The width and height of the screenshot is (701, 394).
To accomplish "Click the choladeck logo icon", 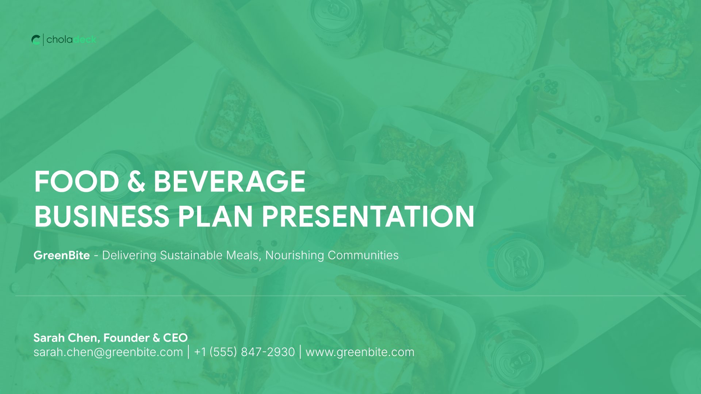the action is coord(36,40).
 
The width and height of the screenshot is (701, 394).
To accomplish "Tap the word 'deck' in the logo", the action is coord(85,39).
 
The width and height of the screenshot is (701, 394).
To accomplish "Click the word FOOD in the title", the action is coord(77,182).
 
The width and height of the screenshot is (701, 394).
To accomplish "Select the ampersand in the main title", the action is coord(137,182).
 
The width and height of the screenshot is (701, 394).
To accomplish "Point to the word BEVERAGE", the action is coord(230,182).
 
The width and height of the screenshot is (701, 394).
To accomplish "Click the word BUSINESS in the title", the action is coord(101,216).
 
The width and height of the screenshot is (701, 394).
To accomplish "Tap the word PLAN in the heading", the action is coord(215,216).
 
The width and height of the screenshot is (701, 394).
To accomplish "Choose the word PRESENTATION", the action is coord(368,216).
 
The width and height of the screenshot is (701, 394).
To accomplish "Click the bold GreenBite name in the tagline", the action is coord(62,255).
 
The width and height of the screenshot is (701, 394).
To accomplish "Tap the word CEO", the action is coord(175,338).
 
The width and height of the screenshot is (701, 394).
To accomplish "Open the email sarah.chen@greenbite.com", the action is coord(108,352).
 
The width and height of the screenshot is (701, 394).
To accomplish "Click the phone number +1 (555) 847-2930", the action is coord(244,352).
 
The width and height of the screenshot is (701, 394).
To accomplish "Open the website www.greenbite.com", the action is coord(360,352).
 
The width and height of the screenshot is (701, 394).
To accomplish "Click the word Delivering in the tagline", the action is coord(129,255).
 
